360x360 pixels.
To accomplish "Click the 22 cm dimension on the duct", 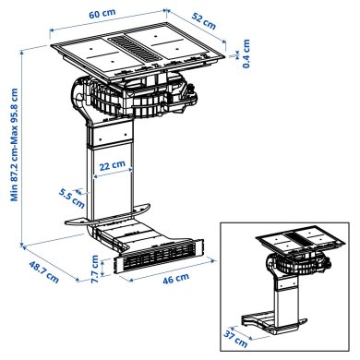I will tap(113, 165).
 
